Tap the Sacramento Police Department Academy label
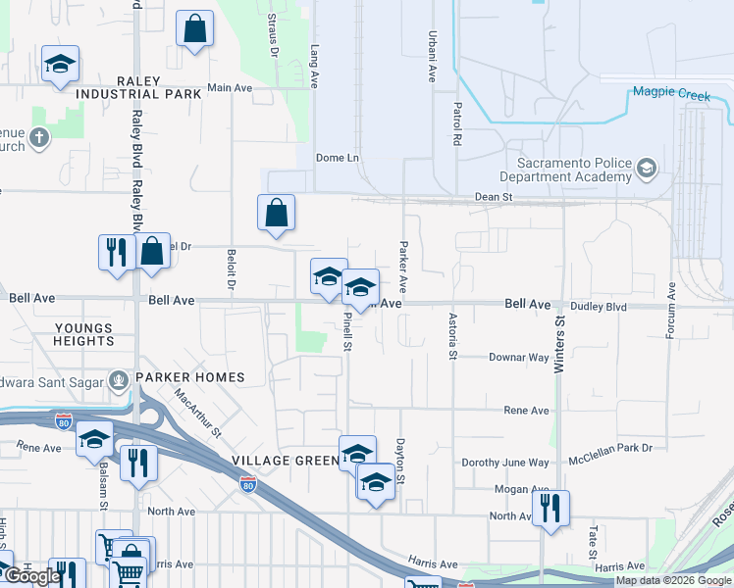click(x=564, y=169)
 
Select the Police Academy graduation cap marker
click(x=647, y=170)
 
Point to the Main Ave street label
click(x=231, y=87)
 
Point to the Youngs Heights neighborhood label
click(x=84, y=334)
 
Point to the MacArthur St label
click(x=198, y=413)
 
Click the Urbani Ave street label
click(x=431, y=56)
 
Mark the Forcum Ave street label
click(x=672, y=311)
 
